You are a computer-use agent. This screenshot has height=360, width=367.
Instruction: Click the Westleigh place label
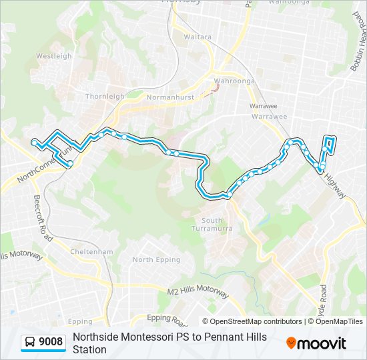(53, 56)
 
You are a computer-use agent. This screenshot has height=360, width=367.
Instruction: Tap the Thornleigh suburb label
(105, 96)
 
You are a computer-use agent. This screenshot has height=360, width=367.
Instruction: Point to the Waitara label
(198, 37)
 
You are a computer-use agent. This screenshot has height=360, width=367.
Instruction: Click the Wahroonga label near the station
(226, 83)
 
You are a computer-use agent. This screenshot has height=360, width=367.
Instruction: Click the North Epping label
(156, 260)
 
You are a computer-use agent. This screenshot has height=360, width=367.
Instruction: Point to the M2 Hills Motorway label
(199, 292)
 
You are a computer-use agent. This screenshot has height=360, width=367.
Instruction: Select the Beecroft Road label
(40, 218)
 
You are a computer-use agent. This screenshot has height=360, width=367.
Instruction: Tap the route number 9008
(51, 343)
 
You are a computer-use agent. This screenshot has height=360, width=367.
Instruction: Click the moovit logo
(316, 343)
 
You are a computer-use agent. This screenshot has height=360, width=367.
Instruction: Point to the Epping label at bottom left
(80, 322)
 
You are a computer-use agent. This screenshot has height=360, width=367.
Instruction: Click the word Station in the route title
(89, 349)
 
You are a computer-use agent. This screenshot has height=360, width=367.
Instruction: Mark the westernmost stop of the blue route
(34, 141)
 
